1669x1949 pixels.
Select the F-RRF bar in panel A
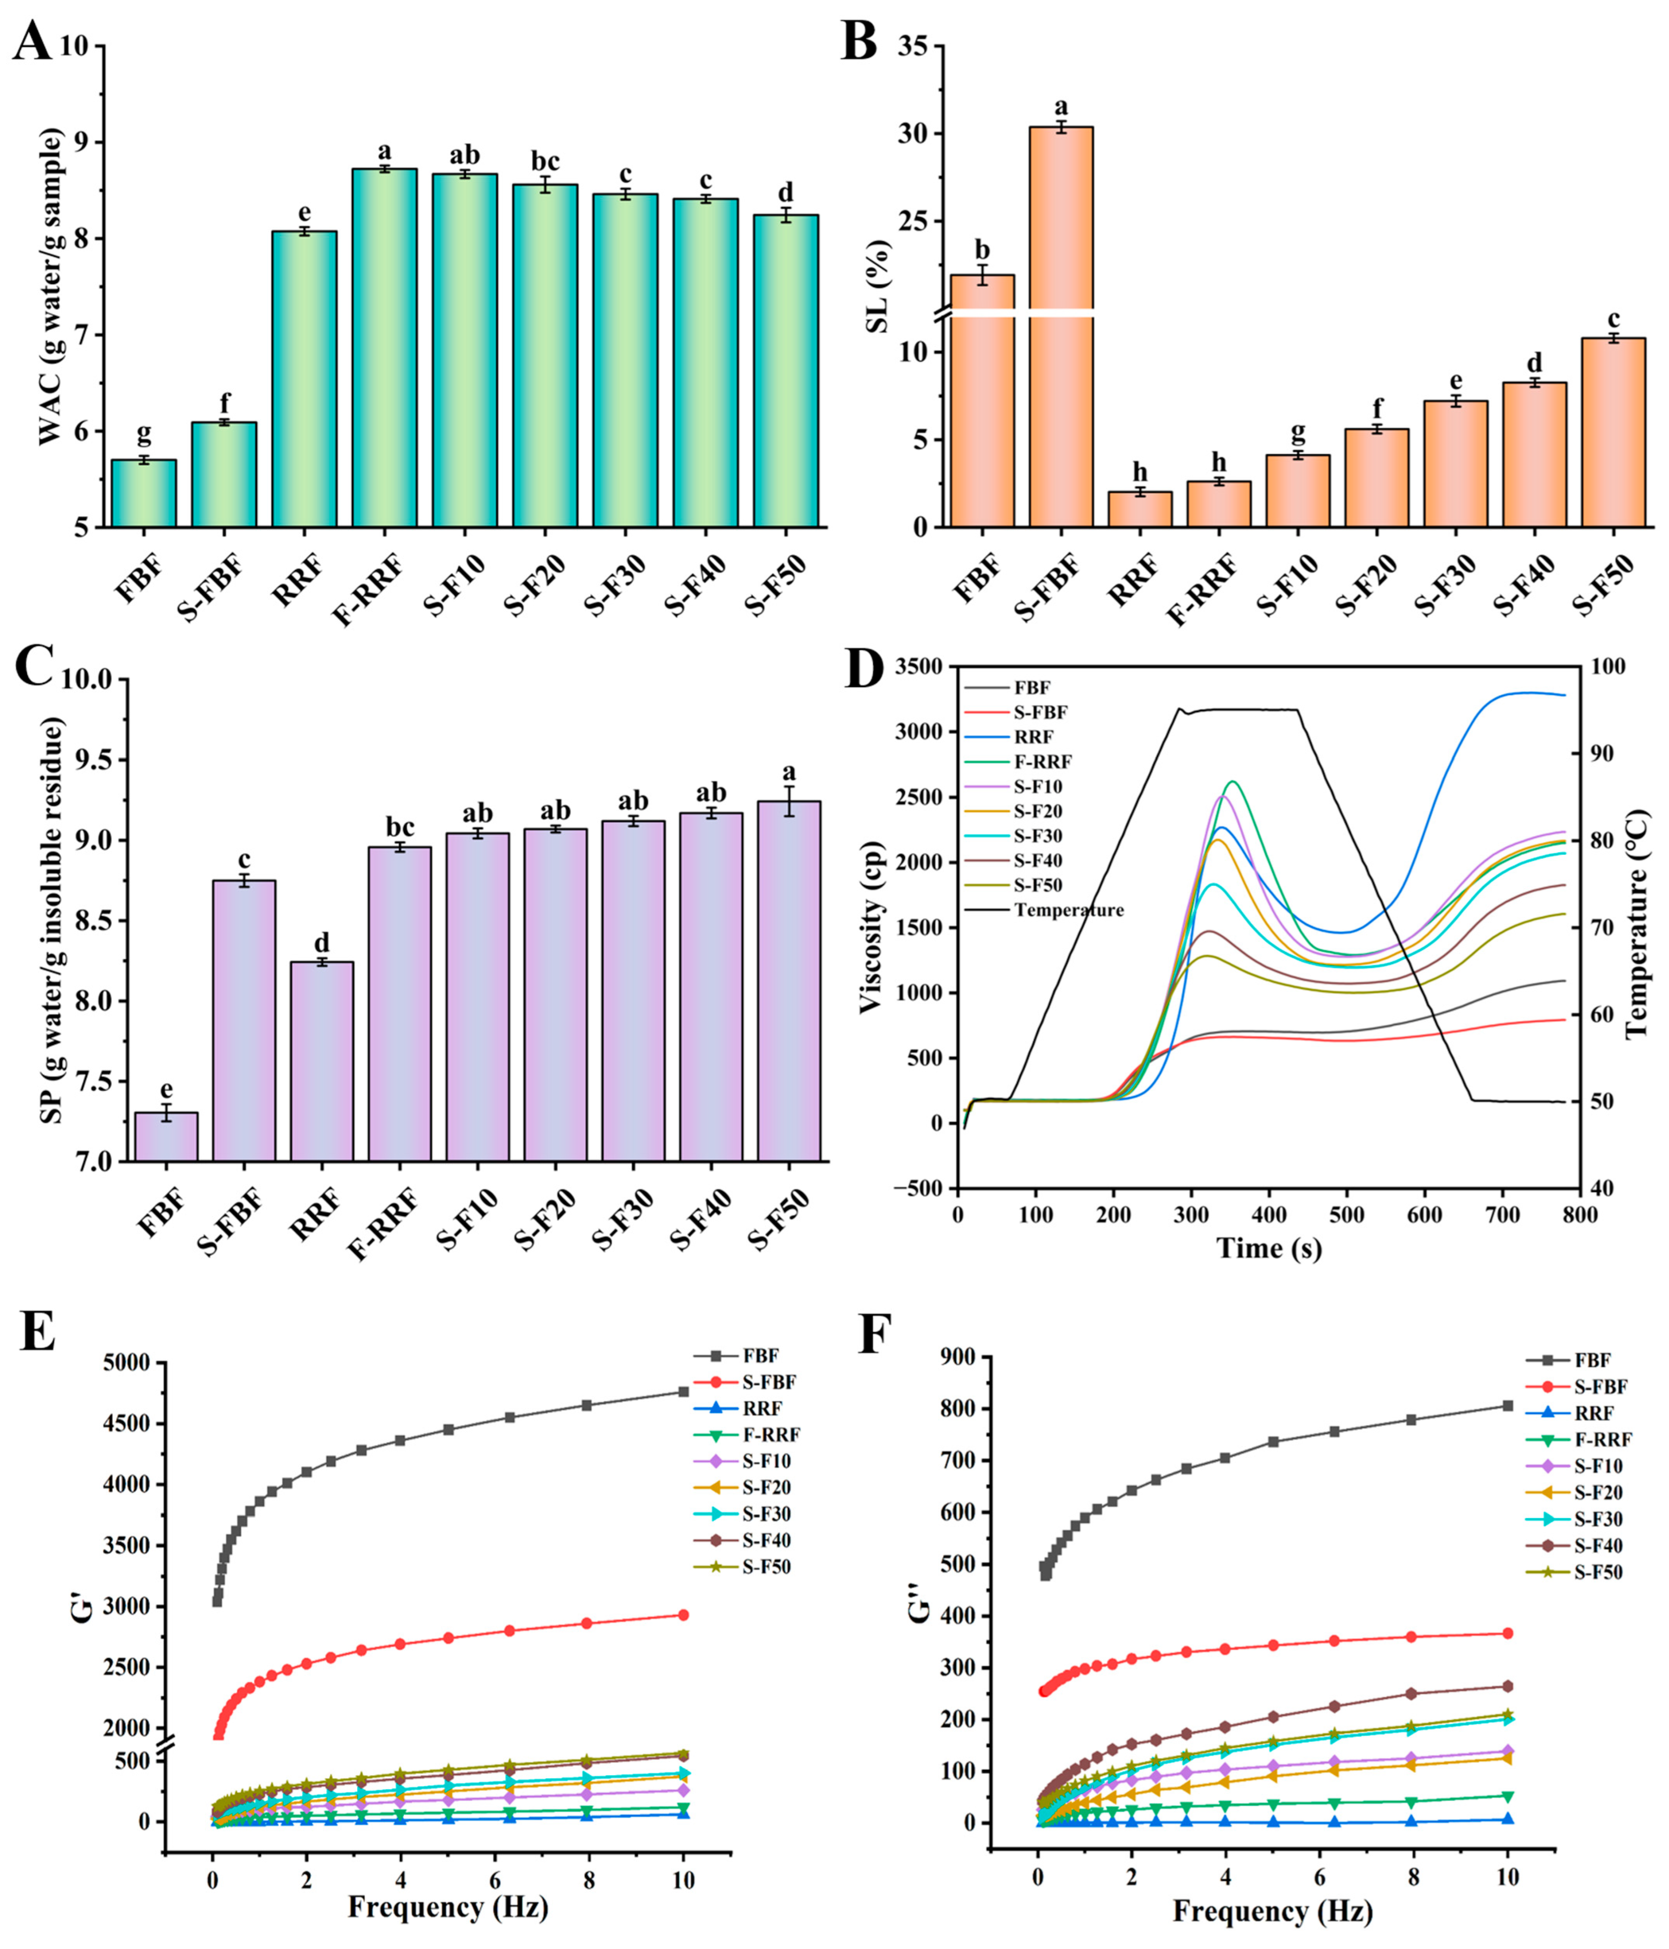tap(384, 348)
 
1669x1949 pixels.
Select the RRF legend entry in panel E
tap(762, 1408)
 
